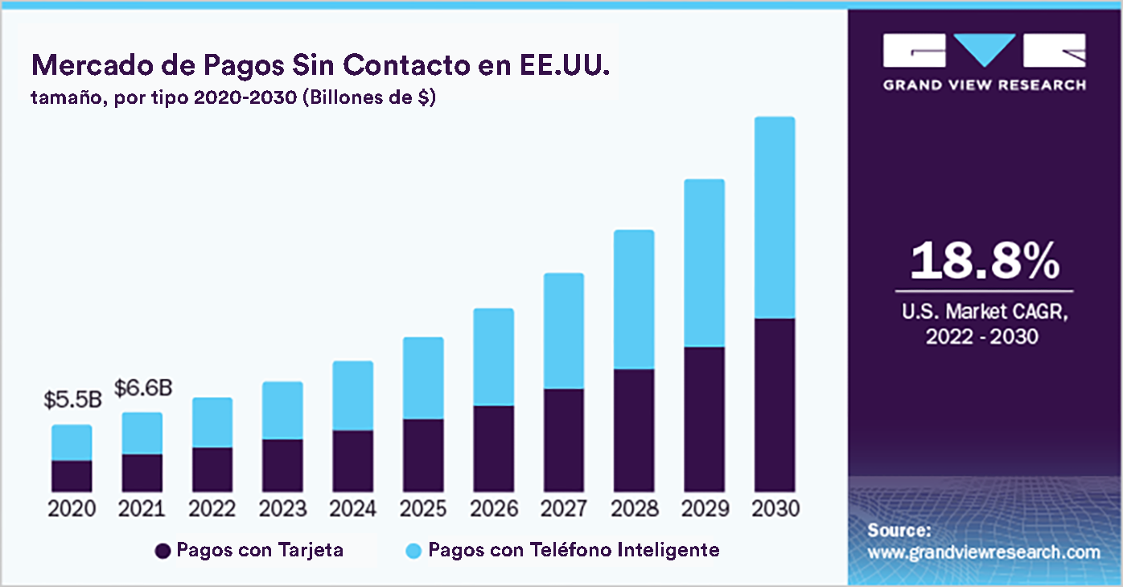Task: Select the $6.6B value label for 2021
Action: pos(142,388)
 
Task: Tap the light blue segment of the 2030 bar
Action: pos(774,217)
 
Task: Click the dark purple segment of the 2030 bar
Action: pos(774,405)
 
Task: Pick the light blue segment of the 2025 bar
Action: pos(423,378)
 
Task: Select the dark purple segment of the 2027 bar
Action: pos(563,440)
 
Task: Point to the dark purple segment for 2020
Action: pos(72,476)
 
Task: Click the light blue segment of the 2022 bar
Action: pos(212,422)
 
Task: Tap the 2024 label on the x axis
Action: pos(353,509)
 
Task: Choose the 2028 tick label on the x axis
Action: pos(634,509)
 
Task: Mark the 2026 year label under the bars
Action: pos(493,509)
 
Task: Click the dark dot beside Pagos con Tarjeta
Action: pos(162,551)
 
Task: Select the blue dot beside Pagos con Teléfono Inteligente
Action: pos(413,551)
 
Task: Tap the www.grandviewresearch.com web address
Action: pos(983,552)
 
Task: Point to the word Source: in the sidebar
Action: pos(899,531)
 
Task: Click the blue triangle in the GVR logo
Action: pos(984,50)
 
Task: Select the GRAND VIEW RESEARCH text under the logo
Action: pos(984,85)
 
